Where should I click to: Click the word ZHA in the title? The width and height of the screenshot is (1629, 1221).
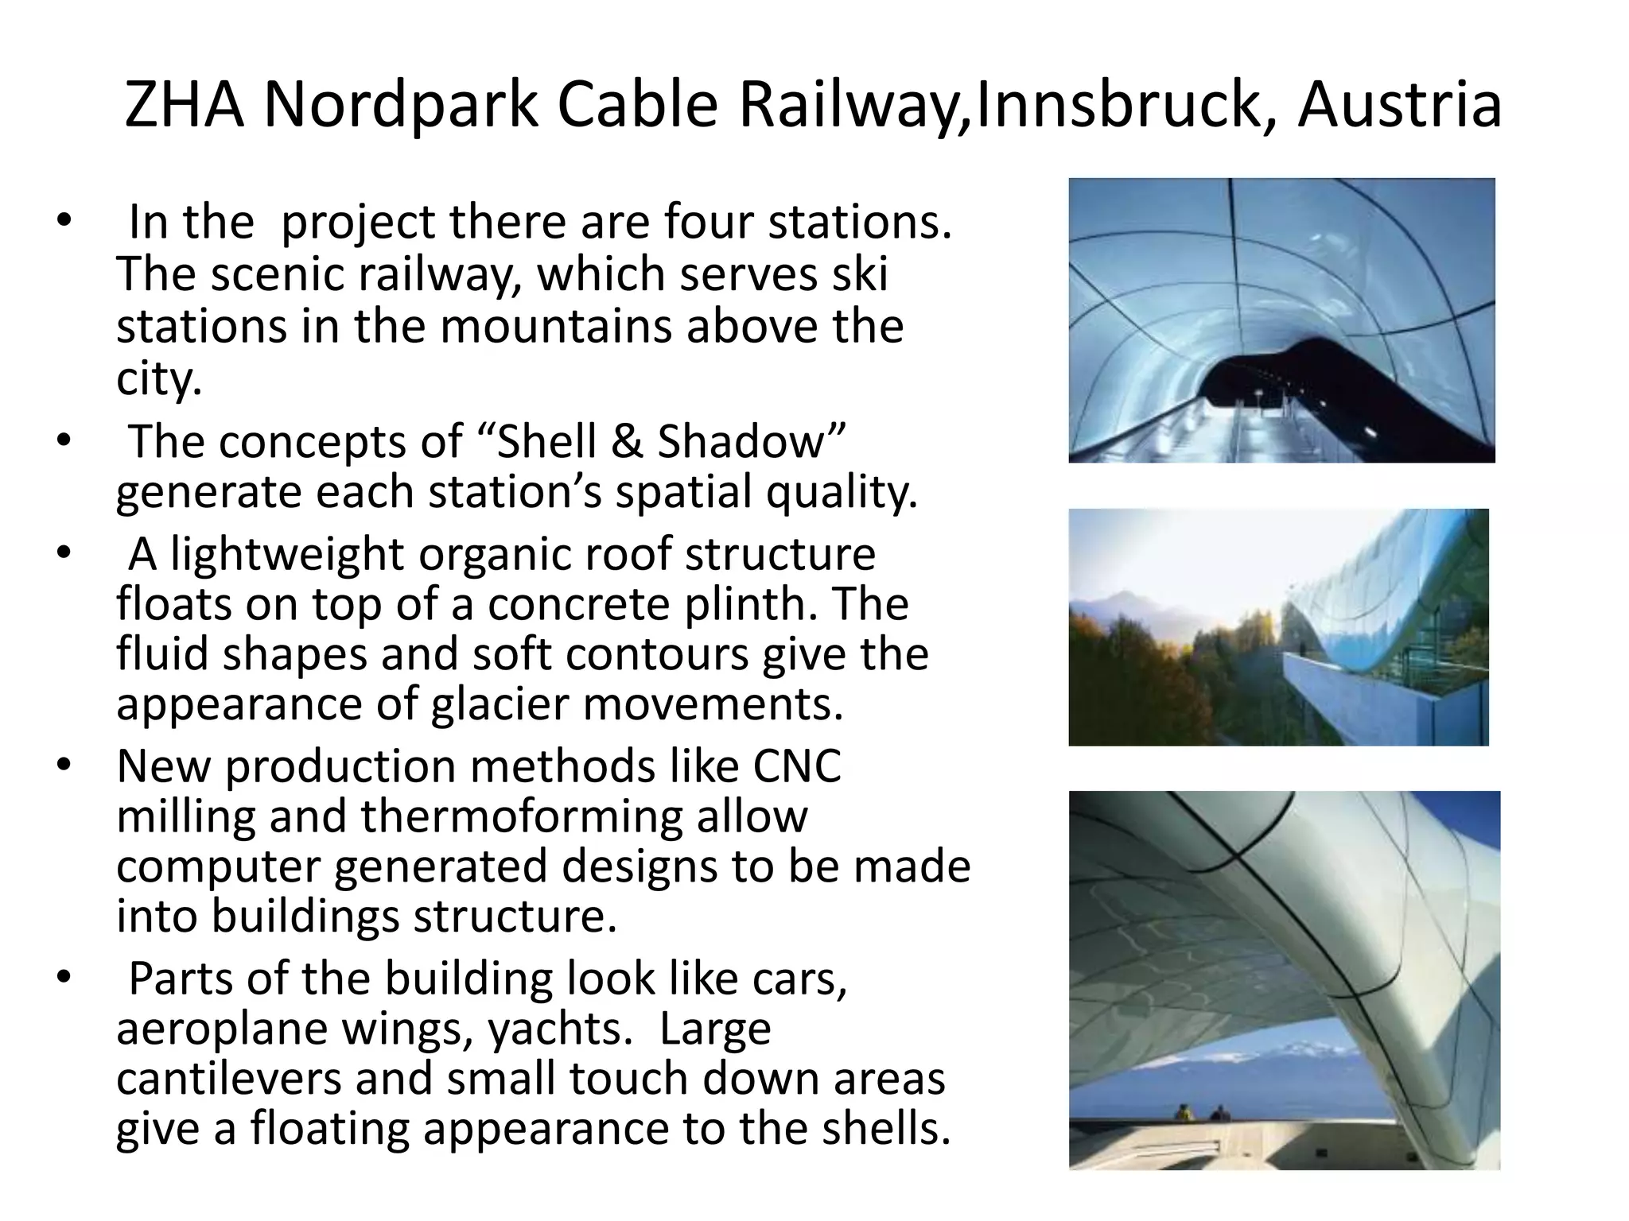click(x=184, y=105)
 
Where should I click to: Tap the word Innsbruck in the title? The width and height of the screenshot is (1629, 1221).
click(x=1117, y=105)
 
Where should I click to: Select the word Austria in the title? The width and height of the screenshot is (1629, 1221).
click(x=1400, y=105)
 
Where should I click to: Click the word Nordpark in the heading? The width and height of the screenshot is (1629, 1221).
click(x=400, y=105)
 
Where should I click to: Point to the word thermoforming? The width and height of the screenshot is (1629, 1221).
click(x=522, y=816)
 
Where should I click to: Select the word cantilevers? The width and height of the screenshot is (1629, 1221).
click(x=229, y=1079)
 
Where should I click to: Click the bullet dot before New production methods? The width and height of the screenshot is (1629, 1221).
click(x=64, y=766)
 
